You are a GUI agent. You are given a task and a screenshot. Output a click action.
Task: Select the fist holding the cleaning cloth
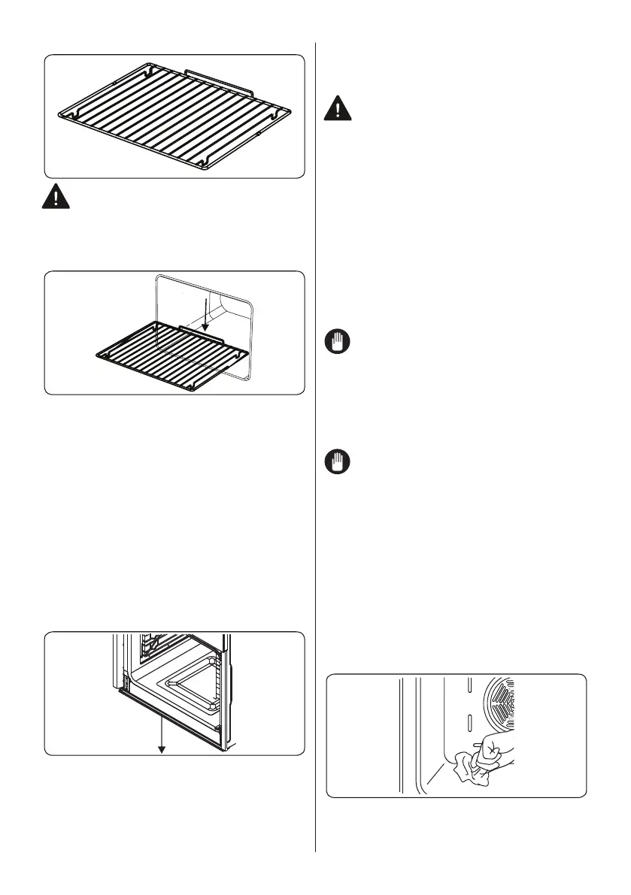click(496, 751)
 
